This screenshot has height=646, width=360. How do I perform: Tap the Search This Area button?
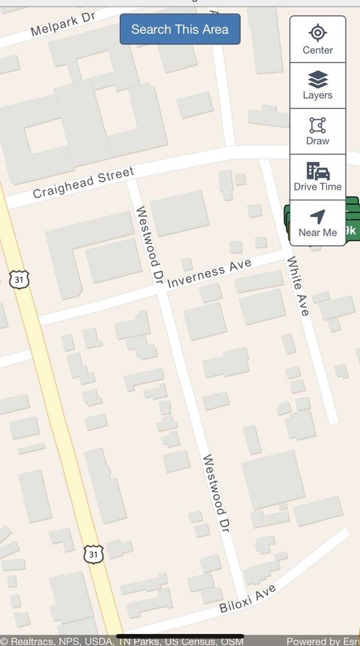coord(180,29)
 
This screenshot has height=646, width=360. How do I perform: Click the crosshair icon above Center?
coord(318,32)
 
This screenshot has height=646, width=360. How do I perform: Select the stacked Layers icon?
coord(318,79)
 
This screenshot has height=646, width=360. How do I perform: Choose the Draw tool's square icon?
coord(318,125)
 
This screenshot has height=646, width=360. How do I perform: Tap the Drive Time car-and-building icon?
coord(318,170)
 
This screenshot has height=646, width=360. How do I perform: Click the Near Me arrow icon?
coord(318,216)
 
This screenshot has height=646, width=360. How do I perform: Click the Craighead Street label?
coord(83,183)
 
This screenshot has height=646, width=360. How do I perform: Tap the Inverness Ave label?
coord(209,273)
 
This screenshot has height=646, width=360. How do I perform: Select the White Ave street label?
coord(298,286)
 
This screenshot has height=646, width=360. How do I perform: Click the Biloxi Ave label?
coord(247,598)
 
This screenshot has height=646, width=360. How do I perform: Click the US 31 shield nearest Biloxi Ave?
coord(92,554)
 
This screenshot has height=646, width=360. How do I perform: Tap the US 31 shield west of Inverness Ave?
coord(19,279)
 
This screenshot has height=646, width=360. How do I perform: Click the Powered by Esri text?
coord(321,641)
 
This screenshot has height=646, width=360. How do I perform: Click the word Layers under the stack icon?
coord(318,95)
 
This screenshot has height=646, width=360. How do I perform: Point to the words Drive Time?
coord(318,187)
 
